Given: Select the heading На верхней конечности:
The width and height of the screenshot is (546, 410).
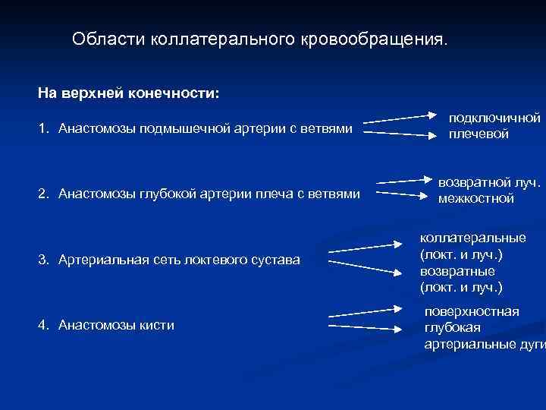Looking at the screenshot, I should pos(128,93).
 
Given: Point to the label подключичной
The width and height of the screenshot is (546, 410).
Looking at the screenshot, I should pos(494,118).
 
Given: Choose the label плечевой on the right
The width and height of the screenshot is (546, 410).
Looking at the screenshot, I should pos(479,134).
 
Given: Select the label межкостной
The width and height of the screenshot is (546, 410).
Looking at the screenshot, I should pos(475,198).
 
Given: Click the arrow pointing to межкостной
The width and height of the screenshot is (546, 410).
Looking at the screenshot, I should pos(402,195).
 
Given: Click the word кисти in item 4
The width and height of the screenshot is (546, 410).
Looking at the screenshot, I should pos(158,325).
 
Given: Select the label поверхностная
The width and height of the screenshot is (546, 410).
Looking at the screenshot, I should pos(472,312).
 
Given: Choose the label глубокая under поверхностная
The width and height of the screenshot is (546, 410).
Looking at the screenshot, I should pos(452,328).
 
